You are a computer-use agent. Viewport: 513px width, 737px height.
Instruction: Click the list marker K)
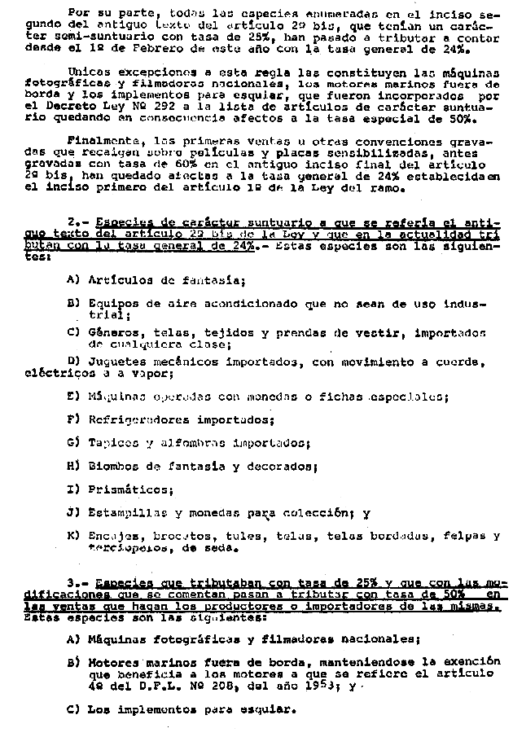point(72,537)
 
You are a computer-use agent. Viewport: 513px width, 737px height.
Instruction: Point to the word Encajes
point(111,537)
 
